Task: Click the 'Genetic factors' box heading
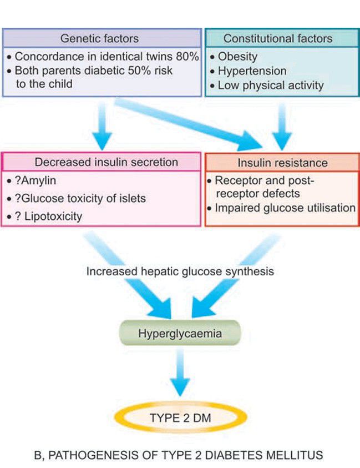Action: (101, 39)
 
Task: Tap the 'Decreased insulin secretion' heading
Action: (107, 163)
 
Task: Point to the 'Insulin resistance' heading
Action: (282, 163)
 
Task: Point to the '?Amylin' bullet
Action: (34, 181)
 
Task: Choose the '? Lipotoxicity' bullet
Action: (49, 216)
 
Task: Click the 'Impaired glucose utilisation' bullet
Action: (285, 208)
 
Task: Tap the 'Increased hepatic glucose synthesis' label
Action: (180, 272)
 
